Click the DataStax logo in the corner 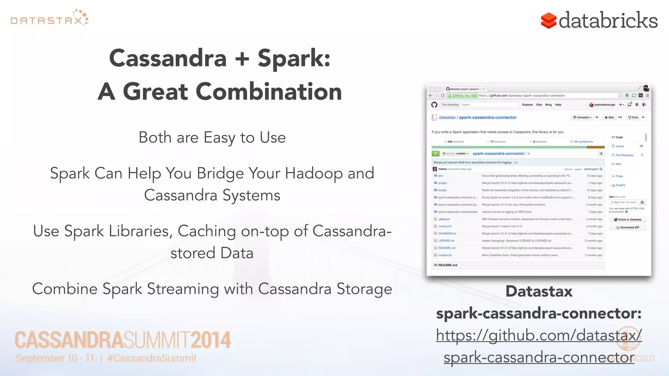(49, 18)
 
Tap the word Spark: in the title (294, 58)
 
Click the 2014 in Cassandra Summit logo (211, 340)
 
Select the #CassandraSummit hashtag (152, 358)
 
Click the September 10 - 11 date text (55, 358)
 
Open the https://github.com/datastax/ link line (539, 335)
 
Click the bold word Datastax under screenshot (539, 291)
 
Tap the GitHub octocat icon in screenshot (434, 105)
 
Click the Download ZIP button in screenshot (628, 227)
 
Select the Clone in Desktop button (628, 220)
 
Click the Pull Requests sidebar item (624, 155)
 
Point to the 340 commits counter (455, 142)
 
